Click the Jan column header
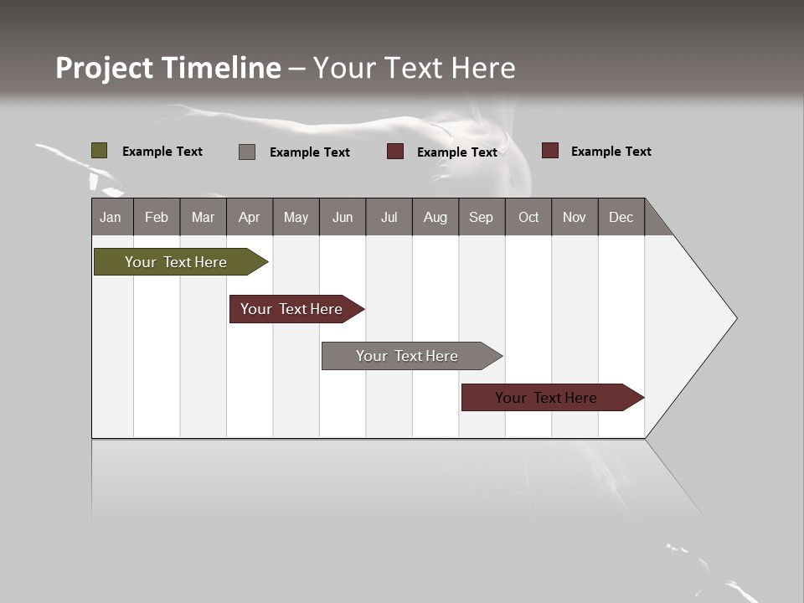tap(111, 217)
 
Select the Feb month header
tap(157, 217)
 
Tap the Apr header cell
tap(250, 217)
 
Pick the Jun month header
tap(343, 217)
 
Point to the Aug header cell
tap(435, 217)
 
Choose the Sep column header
tap(482, 217)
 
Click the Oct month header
tap(528, 217)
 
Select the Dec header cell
tap(621, 217)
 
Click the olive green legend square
tap(100, 151)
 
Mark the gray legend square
tap(247, 152)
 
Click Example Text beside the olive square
tap(162, 152)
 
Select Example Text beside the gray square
tap(310, 152)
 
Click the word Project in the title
tap(105, 68)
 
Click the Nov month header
tap(575, 217)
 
